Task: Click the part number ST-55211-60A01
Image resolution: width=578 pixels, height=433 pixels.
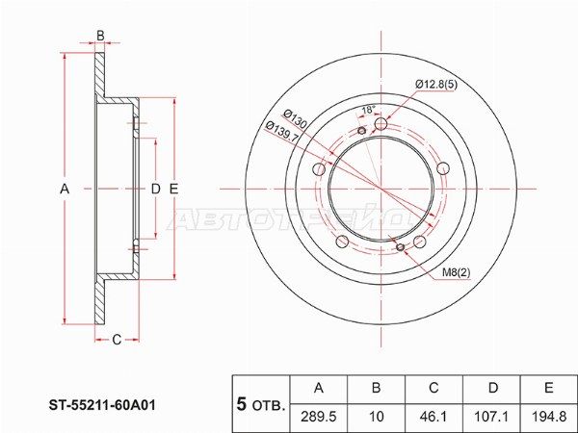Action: [102, 405]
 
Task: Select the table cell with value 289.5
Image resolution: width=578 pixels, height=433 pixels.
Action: [319, 417]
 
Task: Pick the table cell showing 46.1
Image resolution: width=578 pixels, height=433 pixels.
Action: [433, 417]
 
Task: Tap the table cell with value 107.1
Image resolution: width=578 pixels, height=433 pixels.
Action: [492, 417]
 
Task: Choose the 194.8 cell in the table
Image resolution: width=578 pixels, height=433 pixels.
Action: [549, 417]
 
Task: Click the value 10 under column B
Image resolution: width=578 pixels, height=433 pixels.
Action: [376, 417]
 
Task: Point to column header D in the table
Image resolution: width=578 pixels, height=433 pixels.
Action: [492, 388]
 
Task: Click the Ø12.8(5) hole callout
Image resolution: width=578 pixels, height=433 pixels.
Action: [436, 85]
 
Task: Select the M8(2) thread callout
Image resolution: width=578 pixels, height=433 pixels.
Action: [456, 272]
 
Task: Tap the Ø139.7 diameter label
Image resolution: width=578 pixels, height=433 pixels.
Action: [282, 132]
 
